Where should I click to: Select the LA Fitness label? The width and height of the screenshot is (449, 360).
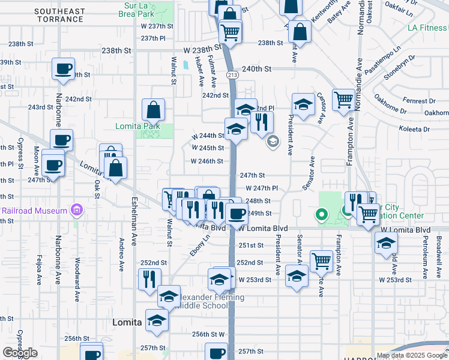point(427,28)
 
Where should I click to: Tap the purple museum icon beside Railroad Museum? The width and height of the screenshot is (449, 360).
point(76,211)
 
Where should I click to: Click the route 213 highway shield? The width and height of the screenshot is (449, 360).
point(232,74)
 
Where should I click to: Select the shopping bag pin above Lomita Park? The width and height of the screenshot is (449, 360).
point(154,110)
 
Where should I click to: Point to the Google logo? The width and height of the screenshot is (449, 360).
point(20,353)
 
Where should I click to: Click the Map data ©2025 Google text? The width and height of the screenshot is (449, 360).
point(412,355)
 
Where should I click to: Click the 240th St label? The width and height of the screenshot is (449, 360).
point(257,69)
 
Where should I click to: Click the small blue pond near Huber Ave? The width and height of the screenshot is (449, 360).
point(187,64)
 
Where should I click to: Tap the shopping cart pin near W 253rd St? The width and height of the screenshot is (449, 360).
point(322,261)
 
